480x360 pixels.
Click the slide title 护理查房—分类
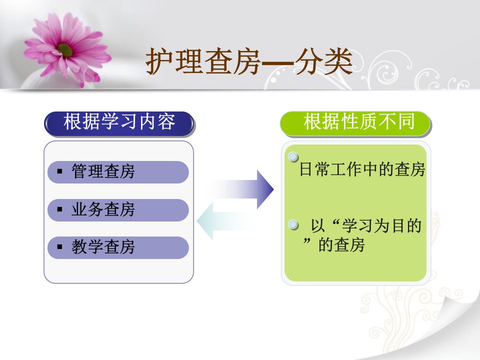pos(249,61)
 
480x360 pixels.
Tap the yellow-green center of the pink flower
pos(65,50)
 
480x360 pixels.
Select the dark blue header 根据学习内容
pos(119,124)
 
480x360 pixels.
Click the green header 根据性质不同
pos(355,124)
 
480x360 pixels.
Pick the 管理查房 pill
pos(118,172)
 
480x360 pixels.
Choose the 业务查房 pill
pos(118,210)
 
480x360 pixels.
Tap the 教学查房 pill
pos(118,247)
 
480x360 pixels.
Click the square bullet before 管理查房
pos(59,171)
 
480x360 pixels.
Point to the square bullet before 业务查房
pos(59,209)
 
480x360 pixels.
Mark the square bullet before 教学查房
pos(59,246)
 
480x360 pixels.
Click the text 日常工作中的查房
pos(362,169)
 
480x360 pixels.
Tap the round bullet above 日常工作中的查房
pos(293,156)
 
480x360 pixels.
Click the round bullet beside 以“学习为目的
pos(293,224)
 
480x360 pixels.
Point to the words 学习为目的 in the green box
pos(381,226)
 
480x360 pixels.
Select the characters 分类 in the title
pos(324,61)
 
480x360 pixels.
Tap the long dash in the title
pos(277,63)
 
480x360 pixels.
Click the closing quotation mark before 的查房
pos(306,241)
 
